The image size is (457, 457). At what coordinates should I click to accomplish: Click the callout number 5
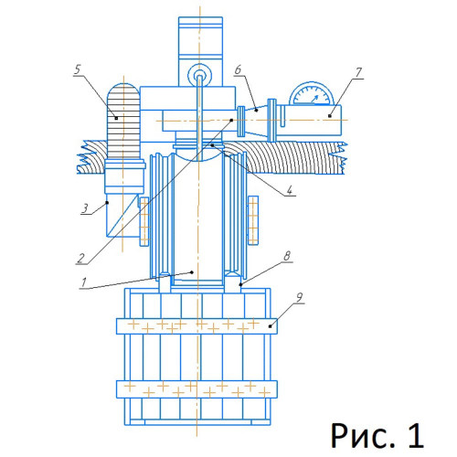click(x=78, y=69)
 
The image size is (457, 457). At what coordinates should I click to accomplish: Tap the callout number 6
click(x=238, y=69)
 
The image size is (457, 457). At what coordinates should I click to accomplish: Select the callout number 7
click(x=358, y=72)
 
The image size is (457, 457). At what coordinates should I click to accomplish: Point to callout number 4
click(x=290, y=190)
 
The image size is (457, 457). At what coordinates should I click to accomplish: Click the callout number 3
click(x=85, y=208)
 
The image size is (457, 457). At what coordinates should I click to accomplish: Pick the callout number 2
click(x=80, y=258)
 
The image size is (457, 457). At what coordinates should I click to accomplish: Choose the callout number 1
click(x=84, y=282)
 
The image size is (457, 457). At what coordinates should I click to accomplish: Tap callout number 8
click(x=287, y=256)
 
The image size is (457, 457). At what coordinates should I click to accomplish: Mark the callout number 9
click(x=300, y=297)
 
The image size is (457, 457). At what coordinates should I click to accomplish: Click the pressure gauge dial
click(x=312, y=93)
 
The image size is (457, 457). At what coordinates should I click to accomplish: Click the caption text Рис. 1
click(x=377, y=436)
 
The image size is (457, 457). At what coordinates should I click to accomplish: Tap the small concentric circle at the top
click(x=200, y=75)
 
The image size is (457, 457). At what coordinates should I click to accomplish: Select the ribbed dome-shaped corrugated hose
click(x=123, y=122)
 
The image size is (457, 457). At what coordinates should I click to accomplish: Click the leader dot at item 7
click(x=330, y=116)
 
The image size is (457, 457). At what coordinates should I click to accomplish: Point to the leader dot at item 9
click(x=270, y=326)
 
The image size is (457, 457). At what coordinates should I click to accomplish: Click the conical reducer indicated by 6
click(x=257, y=121)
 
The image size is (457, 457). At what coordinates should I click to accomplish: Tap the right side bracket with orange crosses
click(x=253, y=220)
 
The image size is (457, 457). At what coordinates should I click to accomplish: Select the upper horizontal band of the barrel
click(x=197, y=326)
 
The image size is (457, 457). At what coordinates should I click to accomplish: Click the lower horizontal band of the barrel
click(x=197, y=389)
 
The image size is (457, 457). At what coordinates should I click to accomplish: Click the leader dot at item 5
click(x=116, y=118)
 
